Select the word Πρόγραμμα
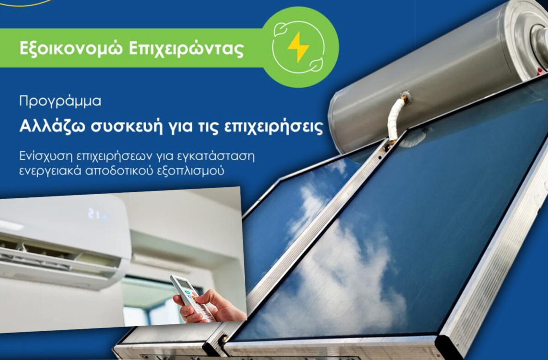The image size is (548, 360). point(60,101)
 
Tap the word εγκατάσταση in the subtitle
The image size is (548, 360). point(215,157)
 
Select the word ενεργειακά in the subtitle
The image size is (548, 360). point(50,171)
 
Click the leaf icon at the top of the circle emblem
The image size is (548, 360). point(279,30)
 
